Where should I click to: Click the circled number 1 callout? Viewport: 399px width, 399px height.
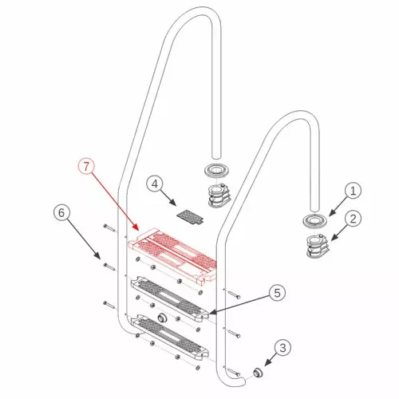353,191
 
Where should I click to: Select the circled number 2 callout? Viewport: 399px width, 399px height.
353,219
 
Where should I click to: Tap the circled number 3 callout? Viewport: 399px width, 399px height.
282,347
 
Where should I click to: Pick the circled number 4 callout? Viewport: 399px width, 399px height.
155,184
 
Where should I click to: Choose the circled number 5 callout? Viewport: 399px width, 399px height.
277,293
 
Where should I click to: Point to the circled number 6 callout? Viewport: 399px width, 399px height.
61,213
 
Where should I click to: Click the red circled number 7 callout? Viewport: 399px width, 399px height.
86,167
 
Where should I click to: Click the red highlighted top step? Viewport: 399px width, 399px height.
172,255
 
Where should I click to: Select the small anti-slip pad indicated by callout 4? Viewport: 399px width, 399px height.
191,217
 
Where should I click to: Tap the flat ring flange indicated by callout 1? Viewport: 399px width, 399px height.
314,221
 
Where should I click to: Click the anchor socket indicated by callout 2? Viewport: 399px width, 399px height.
318,247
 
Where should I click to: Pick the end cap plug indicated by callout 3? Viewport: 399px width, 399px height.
258,373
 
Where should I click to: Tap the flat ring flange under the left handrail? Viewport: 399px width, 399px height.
217,170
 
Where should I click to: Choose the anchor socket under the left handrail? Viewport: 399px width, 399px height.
219,196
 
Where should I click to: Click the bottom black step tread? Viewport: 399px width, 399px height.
169,337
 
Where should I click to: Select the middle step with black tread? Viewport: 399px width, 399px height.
169,299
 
